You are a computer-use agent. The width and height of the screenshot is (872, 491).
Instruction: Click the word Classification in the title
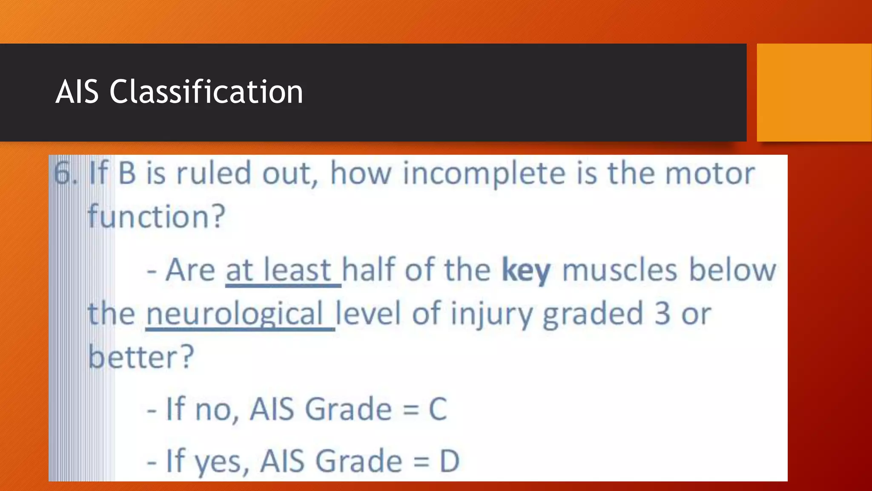206,92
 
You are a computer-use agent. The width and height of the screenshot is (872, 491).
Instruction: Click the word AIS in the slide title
77,92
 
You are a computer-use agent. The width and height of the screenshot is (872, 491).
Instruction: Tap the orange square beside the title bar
814,92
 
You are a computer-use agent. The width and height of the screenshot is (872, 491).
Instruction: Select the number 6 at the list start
63,174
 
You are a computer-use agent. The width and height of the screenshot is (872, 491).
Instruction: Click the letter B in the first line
127,174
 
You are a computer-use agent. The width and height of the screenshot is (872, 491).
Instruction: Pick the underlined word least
297,270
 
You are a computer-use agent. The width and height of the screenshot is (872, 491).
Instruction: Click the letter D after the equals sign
449,461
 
